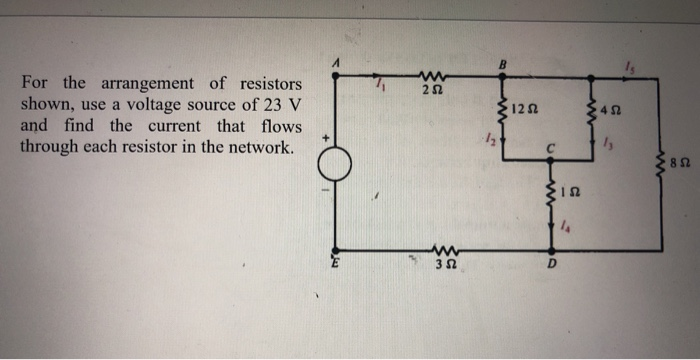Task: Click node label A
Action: pos(338,63)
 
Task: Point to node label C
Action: pos(549,150)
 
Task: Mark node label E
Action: pos(337,264)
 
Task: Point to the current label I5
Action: pos(628,67)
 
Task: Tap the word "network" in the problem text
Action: pos(258,149)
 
